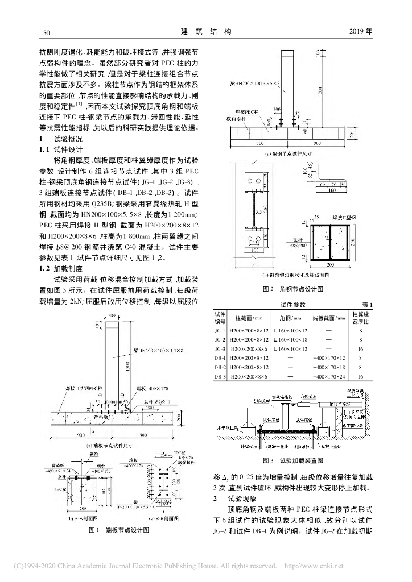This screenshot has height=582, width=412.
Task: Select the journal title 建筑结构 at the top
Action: [x=207, y=31]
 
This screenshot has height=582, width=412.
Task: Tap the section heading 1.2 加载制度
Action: [x=56, y=267]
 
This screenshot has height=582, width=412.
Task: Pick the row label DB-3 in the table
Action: [x=220, y=377]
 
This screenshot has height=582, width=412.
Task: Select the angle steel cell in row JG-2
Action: [x=290, y=340]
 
